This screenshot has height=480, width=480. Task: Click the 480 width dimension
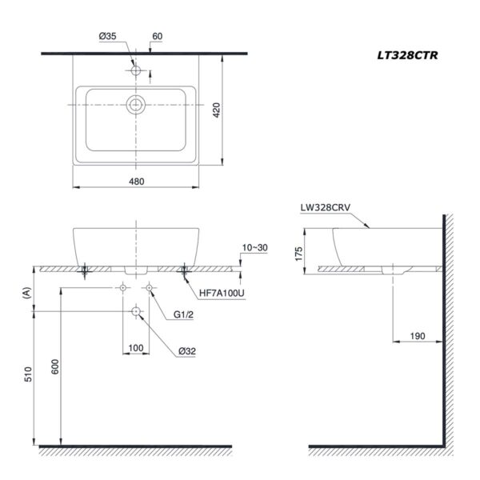(x=136, y=182)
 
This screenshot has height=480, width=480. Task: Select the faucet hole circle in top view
(x=136, y=71)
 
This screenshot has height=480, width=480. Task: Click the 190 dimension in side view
(x=417, y=337)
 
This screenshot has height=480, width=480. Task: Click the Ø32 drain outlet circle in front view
(x=135, y=312)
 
